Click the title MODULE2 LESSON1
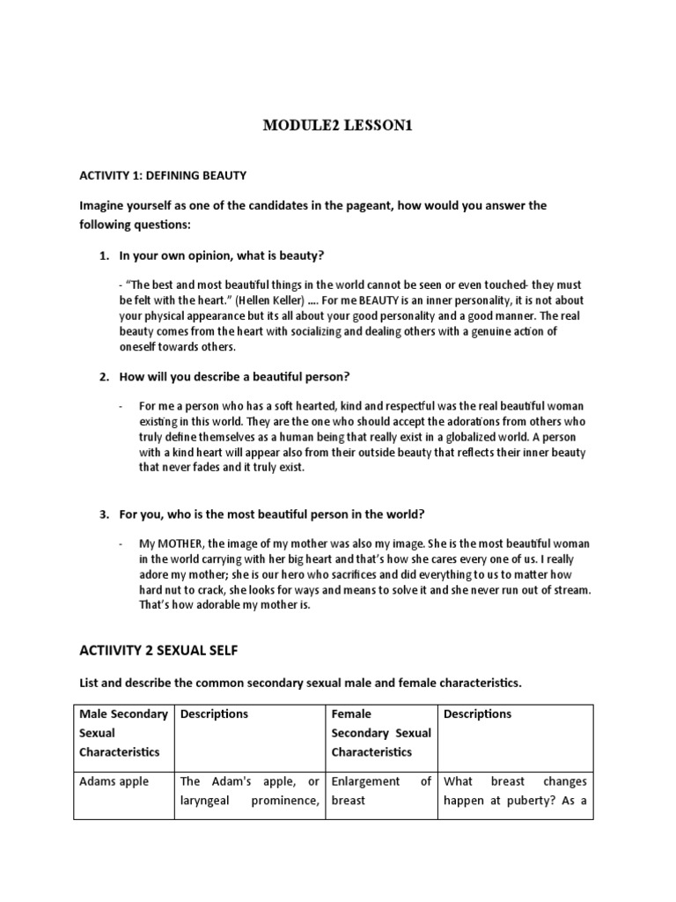point(338,126)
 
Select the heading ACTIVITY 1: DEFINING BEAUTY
point(163,175)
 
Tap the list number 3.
point(102,514)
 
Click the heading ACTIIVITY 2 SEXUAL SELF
point(158,650)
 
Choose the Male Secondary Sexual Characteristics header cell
point(123,733)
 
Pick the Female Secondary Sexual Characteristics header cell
point(380,733)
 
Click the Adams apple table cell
point(114,781)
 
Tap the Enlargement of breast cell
point(380,790)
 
